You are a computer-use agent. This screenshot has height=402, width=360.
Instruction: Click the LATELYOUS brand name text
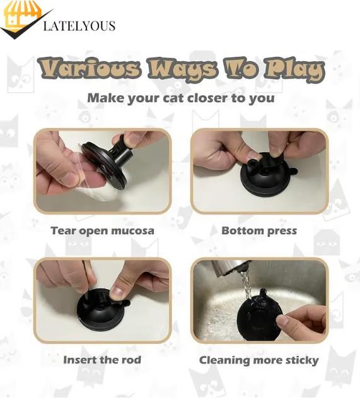79,26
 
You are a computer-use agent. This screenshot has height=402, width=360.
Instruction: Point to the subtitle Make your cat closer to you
180,98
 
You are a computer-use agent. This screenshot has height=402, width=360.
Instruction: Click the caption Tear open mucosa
102,230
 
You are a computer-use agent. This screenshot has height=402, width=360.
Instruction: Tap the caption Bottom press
258,230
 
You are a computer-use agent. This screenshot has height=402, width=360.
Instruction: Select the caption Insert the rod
102,360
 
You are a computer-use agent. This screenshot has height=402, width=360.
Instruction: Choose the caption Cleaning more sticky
258,360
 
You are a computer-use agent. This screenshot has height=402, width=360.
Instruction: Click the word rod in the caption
131,360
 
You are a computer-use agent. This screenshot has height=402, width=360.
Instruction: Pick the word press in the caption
281,231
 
